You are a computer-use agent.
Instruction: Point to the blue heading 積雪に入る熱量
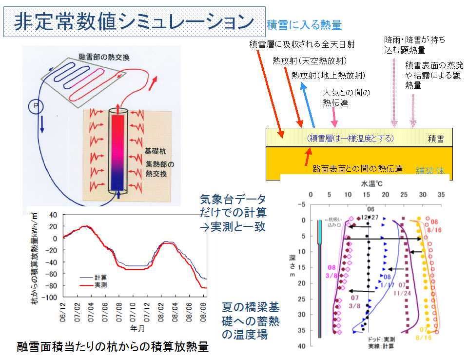click(304, 25)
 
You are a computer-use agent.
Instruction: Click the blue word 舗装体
click(430, 171)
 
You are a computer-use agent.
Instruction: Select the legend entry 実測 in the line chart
click(101, 284)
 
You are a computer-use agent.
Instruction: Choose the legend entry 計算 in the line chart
click(101, 277)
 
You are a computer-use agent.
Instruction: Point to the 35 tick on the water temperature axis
click(442, 194)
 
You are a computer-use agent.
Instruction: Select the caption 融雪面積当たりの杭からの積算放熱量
click(113, 347)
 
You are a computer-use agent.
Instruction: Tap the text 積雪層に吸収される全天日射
click(301, 44)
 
